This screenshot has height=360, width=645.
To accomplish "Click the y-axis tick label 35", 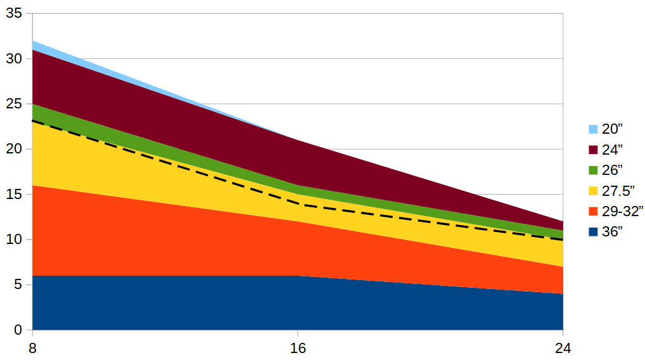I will coord(14,13).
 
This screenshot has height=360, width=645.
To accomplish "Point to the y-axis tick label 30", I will coord(14,59).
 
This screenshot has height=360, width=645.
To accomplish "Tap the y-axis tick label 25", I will coord(14,104).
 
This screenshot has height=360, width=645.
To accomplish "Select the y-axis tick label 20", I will coord(14,150).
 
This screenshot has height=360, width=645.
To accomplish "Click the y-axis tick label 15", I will coord(14,195).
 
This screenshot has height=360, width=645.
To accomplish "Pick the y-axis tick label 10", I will coord(14,240).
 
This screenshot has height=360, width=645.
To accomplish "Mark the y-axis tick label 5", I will coord(18,285).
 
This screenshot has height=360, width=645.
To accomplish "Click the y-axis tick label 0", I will coord(18,330).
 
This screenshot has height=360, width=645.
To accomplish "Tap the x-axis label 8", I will coord(32,349).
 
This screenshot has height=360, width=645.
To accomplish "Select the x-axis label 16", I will coord(298,349).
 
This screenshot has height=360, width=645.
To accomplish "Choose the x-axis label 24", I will coord(563,349).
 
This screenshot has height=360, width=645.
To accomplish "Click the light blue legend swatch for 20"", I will coord(593,129).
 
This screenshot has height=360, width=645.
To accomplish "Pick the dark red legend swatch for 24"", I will coord(593,150).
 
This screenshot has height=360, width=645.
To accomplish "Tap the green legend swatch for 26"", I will coord(593,170).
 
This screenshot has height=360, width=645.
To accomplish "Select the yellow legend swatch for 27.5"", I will coord(593,191).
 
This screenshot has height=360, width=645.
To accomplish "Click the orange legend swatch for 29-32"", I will coord(593,211).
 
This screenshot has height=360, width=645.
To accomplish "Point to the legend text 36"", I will coord(612,232).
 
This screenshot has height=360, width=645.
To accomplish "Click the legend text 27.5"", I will coord(618,191).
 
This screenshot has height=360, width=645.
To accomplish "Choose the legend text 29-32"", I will coord(622,211).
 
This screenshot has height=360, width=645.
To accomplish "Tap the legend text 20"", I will coord(612,129).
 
